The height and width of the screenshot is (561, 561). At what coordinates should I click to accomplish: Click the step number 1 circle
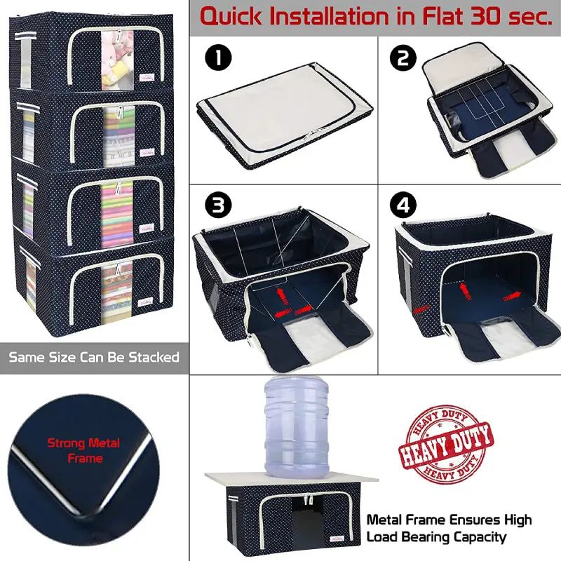(218, 58)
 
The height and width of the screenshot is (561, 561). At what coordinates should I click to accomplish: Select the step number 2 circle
(403, 58)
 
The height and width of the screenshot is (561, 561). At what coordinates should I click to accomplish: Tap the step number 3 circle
(218, 205)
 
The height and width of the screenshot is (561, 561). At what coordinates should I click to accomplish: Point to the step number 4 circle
(403, 205)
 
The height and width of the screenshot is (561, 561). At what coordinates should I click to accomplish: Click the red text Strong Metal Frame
(83, 450)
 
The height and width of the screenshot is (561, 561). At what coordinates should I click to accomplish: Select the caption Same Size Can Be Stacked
(94, 358)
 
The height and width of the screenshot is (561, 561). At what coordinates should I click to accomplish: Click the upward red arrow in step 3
(283, 295)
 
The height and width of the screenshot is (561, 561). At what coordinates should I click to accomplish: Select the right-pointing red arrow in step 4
(512, 296)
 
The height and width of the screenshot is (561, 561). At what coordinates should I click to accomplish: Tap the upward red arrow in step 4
(466, 291)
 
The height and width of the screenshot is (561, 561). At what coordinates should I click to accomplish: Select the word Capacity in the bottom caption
(480, 537)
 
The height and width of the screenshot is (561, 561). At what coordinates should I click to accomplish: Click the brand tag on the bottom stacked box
(145, 302)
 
